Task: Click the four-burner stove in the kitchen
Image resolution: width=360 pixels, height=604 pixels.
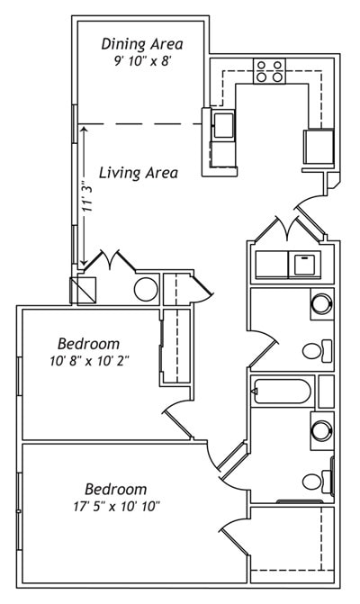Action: click(269, 71)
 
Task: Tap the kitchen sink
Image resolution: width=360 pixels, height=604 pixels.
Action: click(222, 123)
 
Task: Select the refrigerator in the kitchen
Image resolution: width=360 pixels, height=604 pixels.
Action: click(319, 145)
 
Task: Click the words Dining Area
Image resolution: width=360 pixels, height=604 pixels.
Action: click(142, 43)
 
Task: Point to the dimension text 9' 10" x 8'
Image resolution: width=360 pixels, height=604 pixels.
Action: click(142, 61)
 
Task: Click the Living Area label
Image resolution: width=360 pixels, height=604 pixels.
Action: click(138, 173)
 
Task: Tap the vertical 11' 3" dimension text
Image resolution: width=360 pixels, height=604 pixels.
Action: click(86, 196)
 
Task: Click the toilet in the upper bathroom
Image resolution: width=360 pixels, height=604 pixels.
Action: click(315, 350)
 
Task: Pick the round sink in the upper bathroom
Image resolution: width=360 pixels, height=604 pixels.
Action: click(321, 303)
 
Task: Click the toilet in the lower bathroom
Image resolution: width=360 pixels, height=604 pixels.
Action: click(315, 481)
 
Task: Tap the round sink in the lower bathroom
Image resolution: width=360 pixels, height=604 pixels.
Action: click(321, 431)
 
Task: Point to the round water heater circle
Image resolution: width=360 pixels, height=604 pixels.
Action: click(146, 289)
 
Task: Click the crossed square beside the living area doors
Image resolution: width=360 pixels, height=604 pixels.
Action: click(82, 289)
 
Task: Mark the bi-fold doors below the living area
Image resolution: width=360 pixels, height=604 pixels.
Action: click(109, 263)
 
